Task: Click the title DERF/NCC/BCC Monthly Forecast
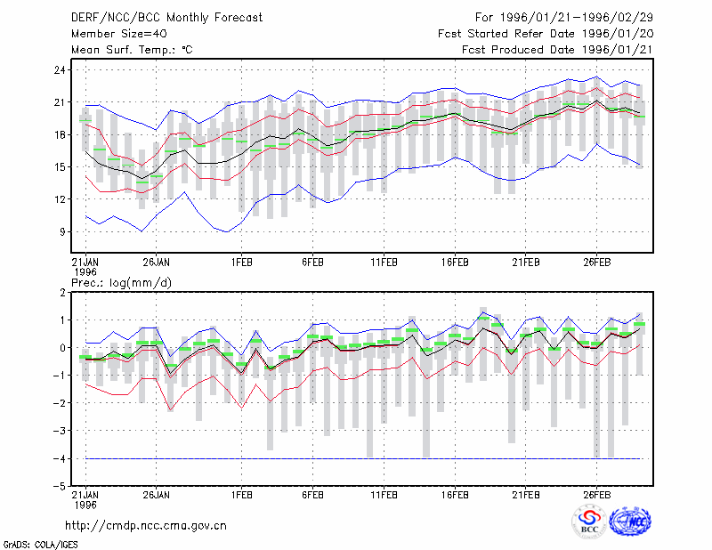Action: click(x=166, y=18)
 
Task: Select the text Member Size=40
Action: click(x=119, y=34)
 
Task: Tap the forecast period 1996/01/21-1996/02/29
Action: click(x=576, y=18)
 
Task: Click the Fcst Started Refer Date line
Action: click(x=546, y=34)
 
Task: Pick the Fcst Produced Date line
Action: click(x=557, y=50)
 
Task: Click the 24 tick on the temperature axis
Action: click(x=60, y=70)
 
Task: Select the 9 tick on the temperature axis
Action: click(x=62, y=231)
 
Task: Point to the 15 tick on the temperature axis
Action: click(x=60, y=167)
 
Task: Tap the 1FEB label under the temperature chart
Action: click(x=241, y=263)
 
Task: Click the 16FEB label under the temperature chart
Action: click(x=455, y=263)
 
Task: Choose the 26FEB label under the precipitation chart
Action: click(x=596, y=495)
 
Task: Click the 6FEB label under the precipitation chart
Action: click(x=313, y=495)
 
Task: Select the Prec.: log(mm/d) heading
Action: click(x=121, y=283)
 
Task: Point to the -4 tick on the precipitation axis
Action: click(x=59, y=458)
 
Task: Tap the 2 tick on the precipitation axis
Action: click(x=62, y=293)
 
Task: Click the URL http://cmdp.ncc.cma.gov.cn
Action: click(x=146, y=526)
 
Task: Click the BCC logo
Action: click(x=589, y=522)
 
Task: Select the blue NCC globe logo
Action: click(x=630, y=522)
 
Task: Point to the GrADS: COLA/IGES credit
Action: click(x=40, y=545)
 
